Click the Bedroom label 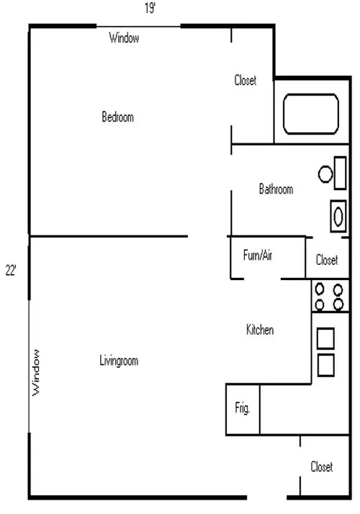click(117, 117)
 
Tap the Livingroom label click(119, 361)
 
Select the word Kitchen click(260, 330)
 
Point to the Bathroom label click(276, 189)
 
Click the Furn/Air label click(258, 255)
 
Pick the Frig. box click(243, 410)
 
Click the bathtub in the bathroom click(311, 114)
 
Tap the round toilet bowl click(325, 174)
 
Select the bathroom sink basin click(338, 216)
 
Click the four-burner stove click(330, 296)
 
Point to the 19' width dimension click(150, 8)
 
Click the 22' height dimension click(11, 271)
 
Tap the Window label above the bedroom click(124, 37)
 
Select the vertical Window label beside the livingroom click(36, 372)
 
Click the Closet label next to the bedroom click(246, 80)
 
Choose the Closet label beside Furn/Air click(327, 260)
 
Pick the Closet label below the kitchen click(322, 466)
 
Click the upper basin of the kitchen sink click(325, 338)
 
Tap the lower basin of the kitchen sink click(326, 365)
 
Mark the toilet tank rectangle click(340, 173)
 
